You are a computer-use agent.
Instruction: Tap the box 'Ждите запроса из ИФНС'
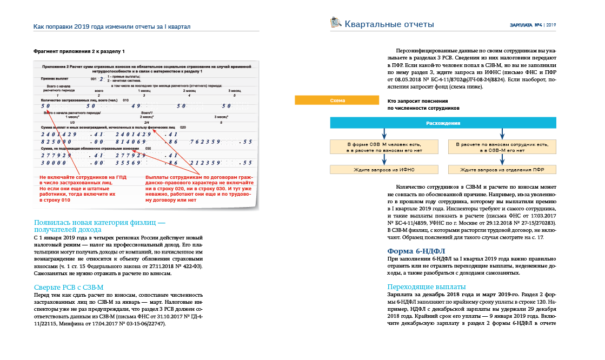[x=381, y=170]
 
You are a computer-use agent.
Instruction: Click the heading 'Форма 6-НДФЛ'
[x=415, y=251]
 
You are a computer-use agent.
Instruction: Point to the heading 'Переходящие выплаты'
[x=427, y=286]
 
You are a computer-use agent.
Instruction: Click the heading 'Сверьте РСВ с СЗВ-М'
[x=69, y=286]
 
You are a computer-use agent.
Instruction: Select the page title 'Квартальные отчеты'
[x=389, y=24]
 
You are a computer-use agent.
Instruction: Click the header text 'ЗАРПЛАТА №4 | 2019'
[x=533, y=25]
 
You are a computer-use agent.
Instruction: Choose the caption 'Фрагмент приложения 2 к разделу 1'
[x=79, y=51]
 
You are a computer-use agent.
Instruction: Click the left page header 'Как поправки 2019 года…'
[x=112, y=26]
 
